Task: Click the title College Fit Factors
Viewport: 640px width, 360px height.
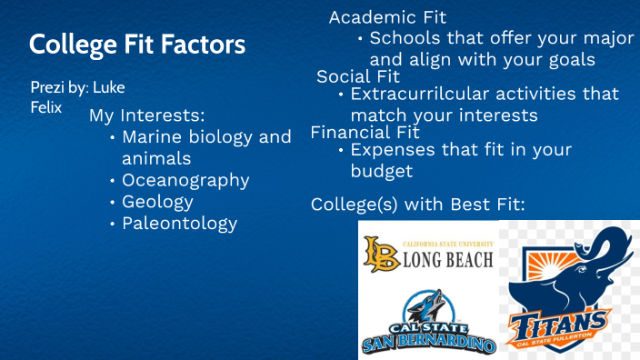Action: pos(137,44)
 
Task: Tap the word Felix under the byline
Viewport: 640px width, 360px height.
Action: pos(46,107)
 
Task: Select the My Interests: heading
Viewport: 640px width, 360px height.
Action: pos(146,116)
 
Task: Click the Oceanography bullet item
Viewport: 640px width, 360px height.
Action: pos(185,180)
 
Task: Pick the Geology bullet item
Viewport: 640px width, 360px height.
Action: pos(157,202)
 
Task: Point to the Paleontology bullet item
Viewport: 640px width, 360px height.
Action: pos(179,223)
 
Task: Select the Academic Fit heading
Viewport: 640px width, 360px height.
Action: pos(387,17)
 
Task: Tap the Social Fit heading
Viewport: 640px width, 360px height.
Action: pos(358,76)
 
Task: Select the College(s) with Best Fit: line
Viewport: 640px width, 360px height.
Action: pos(417,204)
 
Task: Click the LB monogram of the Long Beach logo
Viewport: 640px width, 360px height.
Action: pos(376,254)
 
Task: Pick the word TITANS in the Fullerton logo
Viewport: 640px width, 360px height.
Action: pos(558,324)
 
